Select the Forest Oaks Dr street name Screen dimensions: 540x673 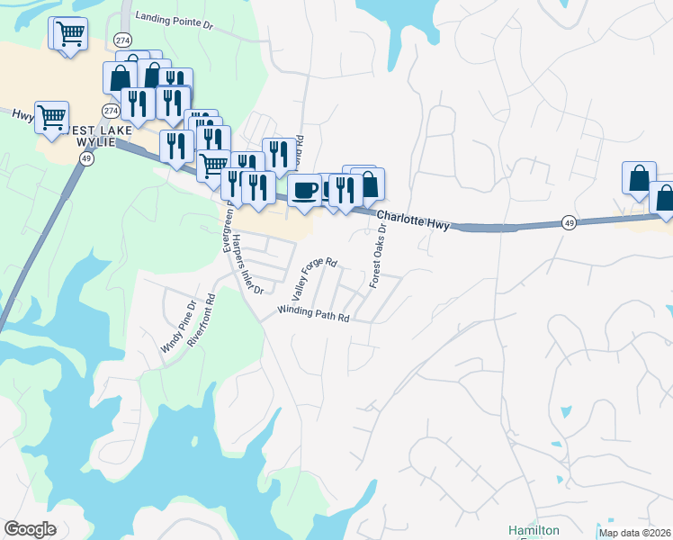[x=378, y=256]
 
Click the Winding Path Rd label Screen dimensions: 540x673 [x=312, y=311]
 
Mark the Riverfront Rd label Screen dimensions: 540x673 [x=203, y=320]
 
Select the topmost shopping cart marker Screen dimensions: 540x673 [x=69, y=34]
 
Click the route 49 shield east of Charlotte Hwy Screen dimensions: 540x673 [x=569, y=220]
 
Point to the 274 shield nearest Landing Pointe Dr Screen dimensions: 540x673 [x=123, y=40]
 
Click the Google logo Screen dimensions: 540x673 [x=31, y=529]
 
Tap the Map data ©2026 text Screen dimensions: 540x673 [x=634, y=533]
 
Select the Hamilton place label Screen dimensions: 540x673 [x=534, y=530]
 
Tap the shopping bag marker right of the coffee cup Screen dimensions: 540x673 [x=368, y=184]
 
